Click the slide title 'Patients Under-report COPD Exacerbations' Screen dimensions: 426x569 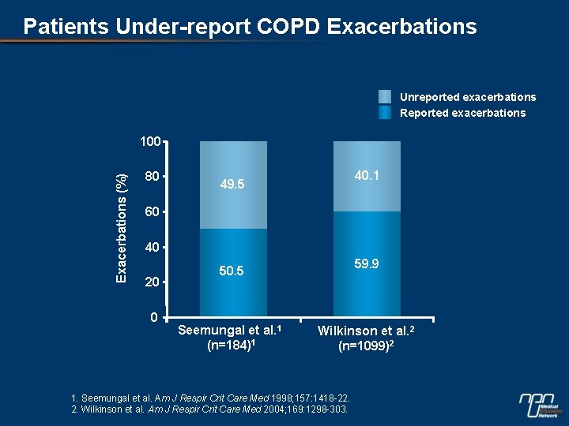[x=250, y=27]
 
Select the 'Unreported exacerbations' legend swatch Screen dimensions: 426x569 [x=385, y=97]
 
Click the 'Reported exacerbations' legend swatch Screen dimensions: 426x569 [x=385, y=113]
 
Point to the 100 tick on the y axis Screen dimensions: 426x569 [x=149, y=142]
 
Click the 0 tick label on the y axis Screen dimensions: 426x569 [x=156, y=317]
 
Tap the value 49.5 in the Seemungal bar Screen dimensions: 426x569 [x=232, y=185]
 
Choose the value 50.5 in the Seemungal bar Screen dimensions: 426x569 [x=232, y=271]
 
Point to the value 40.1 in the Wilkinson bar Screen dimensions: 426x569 [x=366, y=176]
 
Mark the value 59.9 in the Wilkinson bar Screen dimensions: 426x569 [x=366, y=263]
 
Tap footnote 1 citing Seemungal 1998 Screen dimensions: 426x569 [x=210, y=397]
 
